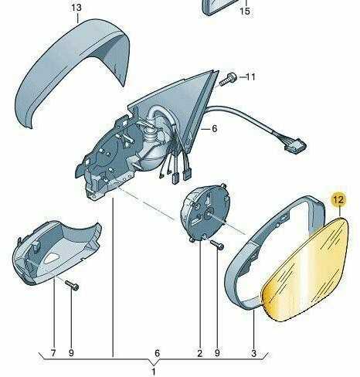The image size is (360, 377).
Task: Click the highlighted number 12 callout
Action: [x=338, y=199]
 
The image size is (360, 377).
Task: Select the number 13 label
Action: [x=76, y=8]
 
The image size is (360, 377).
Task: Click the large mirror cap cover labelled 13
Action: [x=72, y=70]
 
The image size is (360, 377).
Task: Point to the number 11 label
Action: [x=250, y=76]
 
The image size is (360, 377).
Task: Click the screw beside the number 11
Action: [x=229, y=80]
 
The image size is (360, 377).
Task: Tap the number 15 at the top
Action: [x=245, y=11]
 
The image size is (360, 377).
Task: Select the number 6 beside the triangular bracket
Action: [x=214, y=128]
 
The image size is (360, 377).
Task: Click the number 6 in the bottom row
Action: [x=157, y=353]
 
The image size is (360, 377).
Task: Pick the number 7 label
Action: [x=53, y=353]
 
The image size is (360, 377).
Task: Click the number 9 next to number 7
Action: [x=71, y=353]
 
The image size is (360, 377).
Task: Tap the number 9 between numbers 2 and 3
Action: [x=217, y=353]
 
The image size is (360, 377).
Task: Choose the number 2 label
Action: [x=200, y=353]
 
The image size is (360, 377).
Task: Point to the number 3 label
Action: [x=254, y=353]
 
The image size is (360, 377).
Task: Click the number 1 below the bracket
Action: [x=154, y=372]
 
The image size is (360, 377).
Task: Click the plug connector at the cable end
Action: [x=295, y=146]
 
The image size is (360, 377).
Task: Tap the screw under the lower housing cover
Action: [x=72, y=285]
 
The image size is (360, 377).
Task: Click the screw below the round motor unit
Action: [x=217, y=245]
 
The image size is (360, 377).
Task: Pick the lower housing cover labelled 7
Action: [x=56, y=253]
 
